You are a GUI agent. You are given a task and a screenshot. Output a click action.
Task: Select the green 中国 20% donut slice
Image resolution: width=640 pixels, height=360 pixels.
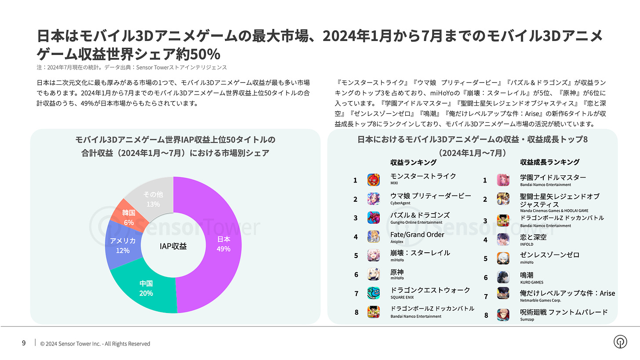tap(146, 288)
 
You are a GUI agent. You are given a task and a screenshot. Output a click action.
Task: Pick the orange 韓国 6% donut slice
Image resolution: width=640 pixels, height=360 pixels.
tap(128, 217)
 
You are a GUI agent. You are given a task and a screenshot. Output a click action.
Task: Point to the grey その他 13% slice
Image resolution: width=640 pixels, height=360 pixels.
tap(153, 198)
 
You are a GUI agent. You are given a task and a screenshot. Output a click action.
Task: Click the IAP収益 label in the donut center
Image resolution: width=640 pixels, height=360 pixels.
tap(173, 246)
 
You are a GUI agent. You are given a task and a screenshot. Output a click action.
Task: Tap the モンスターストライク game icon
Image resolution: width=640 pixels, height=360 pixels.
tap(373, 179)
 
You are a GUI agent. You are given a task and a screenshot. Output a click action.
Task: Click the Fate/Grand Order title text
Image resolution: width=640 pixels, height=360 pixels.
tap(417, 235)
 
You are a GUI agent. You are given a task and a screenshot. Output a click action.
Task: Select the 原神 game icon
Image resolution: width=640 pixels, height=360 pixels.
tap(373, 274)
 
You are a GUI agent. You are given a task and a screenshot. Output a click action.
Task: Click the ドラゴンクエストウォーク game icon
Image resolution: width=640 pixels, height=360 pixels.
tap(373, 293)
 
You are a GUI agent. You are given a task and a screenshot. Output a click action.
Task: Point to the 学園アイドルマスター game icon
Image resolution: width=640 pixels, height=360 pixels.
tap(503, 180)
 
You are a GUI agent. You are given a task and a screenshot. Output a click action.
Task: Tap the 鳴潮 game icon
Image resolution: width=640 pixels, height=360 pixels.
tap(503, 277)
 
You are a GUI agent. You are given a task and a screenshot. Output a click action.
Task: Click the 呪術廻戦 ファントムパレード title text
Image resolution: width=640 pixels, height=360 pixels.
tap(564, 312)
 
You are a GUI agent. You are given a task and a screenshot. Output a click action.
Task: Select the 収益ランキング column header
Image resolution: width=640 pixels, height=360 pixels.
tap(413, 162)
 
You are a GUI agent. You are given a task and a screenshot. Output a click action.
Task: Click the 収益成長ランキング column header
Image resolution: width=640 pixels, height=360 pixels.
tap(549, 162)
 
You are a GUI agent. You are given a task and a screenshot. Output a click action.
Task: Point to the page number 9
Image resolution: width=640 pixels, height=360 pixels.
tap(24, 343)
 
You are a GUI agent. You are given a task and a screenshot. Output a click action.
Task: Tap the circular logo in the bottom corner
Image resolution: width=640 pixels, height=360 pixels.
tap(620, 342)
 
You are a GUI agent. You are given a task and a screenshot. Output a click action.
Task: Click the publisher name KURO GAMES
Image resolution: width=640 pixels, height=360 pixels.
tap(531, 282)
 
